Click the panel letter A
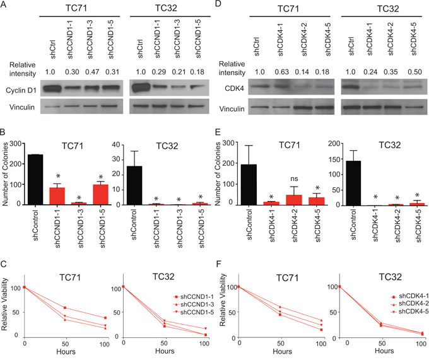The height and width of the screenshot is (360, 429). (4, 6)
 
